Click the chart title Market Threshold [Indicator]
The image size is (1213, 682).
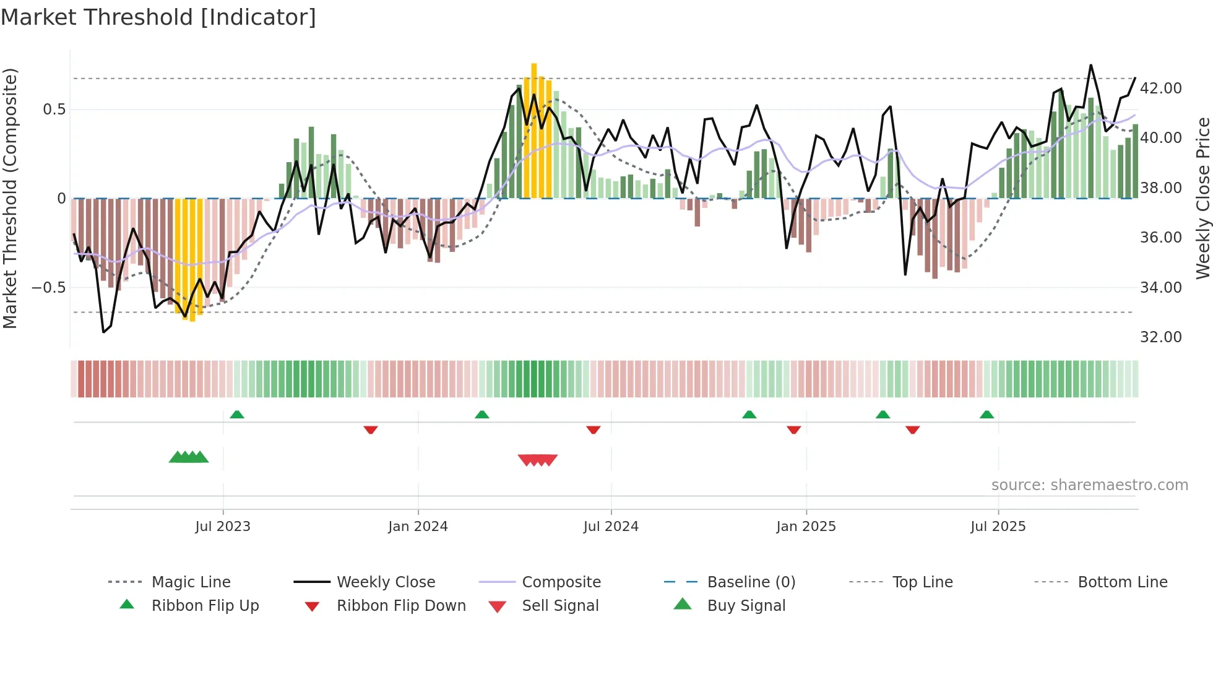158,17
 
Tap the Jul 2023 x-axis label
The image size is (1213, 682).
223,527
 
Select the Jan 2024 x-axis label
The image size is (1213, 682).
418,527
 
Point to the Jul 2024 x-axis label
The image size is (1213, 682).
611,527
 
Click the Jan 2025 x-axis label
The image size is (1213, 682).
806,527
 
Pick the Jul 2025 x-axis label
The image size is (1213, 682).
998,527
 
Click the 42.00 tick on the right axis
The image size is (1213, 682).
1160,88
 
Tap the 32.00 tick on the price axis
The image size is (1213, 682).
1160,337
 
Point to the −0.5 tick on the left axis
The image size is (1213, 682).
48,288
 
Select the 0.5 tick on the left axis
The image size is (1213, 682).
54,110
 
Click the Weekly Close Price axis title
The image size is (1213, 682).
1202,198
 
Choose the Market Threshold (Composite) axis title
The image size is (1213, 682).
10,198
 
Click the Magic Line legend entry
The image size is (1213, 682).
191,582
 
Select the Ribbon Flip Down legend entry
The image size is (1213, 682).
401,606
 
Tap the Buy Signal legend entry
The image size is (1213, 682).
746,606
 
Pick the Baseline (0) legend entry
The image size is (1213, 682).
751,582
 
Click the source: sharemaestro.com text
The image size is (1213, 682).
1089,485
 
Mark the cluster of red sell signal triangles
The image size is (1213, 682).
537,460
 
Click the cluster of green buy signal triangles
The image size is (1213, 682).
189,457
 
